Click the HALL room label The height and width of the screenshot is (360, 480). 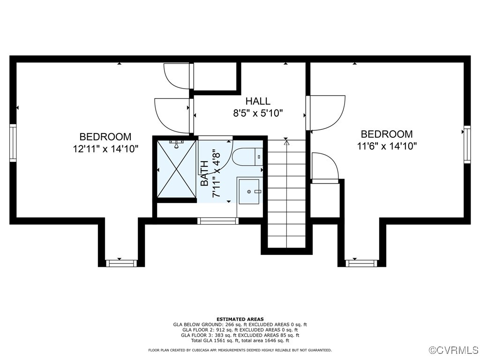tap(258, 101)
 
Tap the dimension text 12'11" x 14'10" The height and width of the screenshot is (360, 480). tap(105, 148)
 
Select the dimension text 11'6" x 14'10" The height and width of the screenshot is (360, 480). tap(387, 146)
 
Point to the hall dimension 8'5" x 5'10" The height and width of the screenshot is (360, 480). tap(258, 113)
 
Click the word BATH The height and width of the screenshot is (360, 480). tap(205, 173)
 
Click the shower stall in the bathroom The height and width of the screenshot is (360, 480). tap(176, 169)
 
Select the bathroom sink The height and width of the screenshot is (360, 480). tap(249, 191)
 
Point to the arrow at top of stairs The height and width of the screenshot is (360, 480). tap(286, 142)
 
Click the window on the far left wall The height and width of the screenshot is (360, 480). tap(13, 143)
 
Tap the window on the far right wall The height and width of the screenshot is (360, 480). tap(467, 144)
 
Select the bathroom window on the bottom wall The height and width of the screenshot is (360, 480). tap(218, 221)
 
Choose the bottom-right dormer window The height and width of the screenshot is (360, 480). tap(361, 263)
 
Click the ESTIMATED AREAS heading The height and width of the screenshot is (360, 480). tap(240, 319)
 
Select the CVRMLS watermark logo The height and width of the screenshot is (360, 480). tap(454, 350)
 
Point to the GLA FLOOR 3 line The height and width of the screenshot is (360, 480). tap(240, 335)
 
